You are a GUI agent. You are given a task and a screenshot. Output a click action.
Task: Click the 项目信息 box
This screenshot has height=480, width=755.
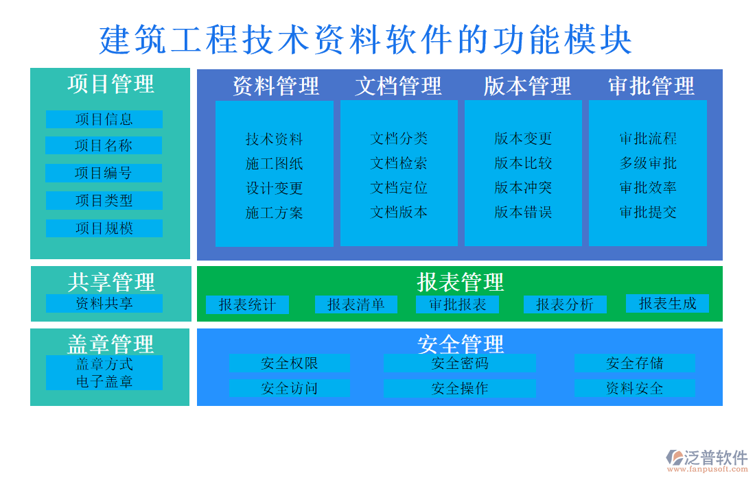pos(104,119)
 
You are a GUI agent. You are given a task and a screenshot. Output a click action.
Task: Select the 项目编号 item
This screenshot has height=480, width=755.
pos(104,173)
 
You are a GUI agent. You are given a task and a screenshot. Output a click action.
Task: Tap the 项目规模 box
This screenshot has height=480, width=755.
pos(104,228)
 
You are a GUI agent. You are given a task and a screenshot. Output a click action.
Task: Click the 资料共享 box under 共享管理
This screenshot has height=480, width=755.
pos(104,304)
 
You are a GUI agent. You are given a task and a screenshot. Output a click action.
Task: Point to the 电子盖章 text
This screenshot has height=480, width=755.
pos(104,382)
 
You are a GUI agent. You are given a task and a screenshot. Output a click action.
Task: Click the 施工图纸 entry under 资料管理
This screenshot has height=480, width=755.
pos(275,164)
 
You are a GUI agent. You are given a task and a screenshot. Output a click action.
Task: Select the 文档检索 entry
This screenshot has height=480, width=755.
pos(399,163)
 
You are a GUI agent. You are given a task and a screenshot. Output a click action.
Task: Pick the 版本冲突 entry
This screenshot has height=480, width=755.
pos(523,188)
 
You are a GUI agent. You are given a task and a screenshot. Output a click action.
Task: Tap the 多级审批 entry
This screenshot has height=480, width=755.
pos(648,163)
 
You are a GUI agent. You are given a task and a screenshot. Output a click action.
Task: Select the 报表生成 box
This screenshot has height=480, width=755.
pos(667,304)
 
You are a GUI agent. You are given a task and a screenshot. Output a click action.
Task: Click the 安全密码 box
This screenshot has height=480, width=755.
pos(460,363)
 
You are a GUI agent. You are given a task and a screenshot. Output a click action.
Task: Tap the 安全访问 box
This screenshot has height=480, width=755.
pos(289,389)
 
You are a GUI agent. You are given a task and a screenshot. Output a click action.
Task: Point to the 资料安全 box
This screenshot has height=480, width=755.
pos(635,389)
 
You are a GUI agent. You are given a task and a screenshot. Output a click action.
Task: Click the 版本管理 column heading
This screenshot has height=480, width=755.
pos(527,86)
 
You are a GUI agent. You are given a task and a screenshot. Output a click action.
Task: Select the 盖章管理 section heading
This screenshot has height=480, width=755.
pos(111,343)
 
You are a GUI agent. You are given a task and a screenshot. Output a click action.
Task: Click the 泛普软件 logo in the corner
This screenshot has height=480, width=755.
pos(707,460)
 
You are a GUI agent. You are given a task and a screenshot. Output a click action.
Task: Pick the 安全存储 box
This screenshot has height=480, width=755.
pos(635,363)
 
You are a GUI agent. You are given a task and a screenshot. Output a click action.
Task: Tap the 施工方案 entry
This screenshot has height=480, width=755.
pos(275,213)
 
